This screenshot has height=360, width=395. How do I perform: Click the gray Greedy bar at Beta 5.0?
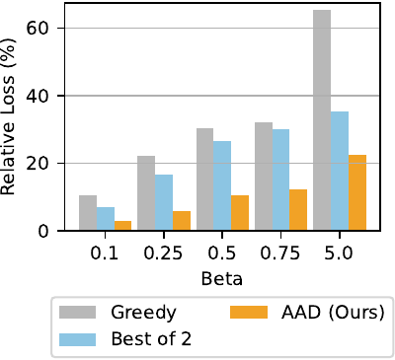(322, 120)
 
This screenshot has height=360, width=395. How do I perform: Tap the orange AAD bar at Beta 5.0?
(357, 192)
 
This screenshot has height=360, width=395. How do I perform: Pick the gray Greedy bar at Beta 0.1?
(88, 213)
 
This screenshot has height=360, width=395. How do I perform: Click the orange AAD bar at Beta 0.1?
(123, 226)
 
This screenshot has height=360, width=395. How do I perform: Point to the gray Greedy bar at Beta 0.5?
(204, 180)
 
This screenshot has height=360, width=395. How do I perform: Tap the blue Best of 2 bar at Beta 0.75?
(281, 180)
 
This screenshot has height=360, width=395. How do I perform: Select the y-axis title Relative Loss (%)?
(14, 118)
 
